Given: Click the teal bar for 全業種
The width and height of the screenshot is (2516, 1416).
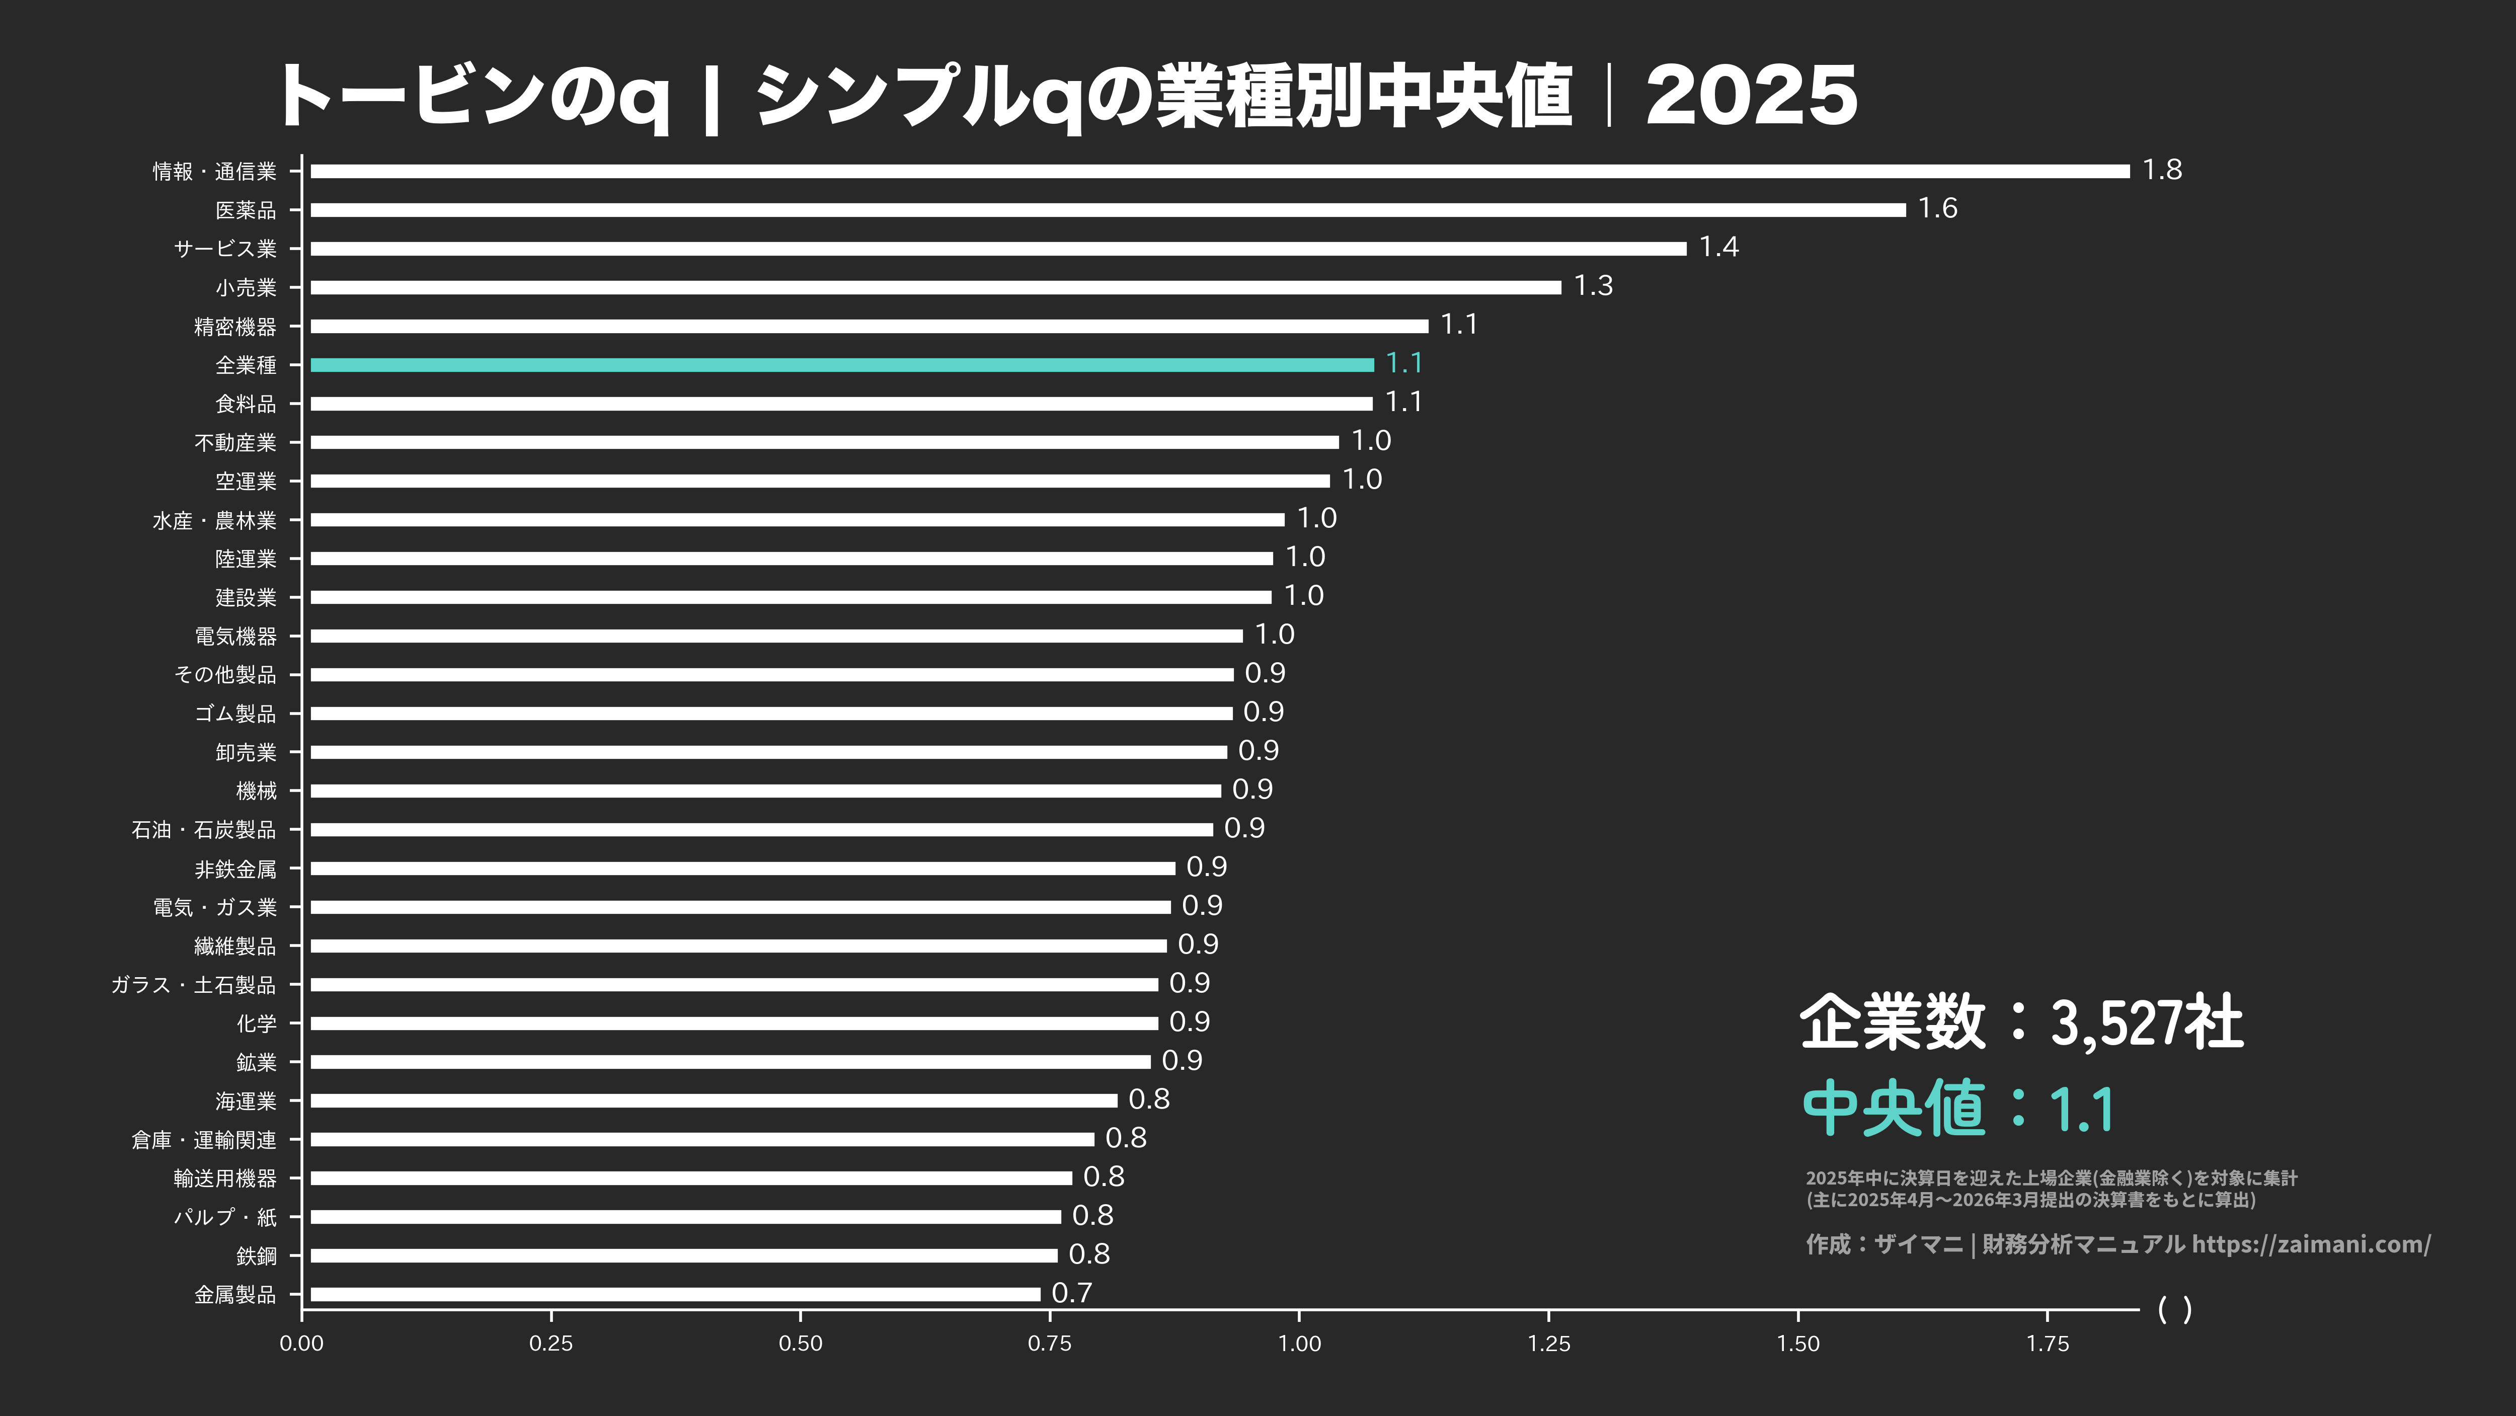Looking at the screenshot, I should click(x=842, y=364).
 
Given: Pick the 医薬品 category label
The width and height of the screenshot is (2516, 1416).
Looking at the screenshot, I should click(x=246, y=210).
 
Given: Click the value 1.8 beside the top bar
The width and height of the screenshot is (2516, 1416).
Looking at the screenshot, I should click(x=2161, y=170).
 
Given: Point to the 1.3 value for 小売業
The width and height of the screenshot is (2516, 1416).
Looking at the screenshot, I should click(x=1593, y=286).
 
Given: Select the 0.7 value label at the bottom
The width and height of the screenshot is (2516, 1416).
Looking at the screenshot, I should click(x=1071, y=1293).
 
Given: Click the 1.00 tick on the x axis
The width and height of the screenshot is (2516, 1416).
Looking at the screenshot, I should click(x=1300, y=1343).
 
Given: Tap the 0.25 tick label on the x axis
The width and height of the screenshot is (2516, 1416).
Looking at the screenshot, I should click(x=551, y=1343).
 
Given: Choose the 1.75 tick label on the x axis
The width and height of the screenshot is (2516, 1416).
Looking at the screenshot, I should click(x=2047, y=1343).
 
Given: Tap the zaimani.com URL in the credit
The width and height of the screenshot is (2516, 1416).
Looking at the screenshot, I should click(x=2311, y=1244).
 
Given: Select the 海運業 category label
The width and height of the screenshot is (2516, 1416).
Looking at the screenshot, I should click(x=246, y=1102).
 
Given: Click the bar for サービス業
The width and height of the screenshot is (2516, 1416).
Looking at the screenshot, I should click(x=998, y=248).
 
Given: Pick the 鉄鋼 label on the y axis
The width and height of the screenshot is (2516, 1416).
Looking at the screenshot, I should click(x=257, y=1256).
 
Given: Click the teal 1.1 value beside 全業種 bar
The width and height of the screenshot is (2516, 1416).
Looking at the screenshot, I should click(x=1403, y=363).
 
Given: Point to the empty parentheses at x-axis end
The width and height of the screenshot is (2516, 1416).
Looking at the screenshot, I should click(x=2174, y=1309).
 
